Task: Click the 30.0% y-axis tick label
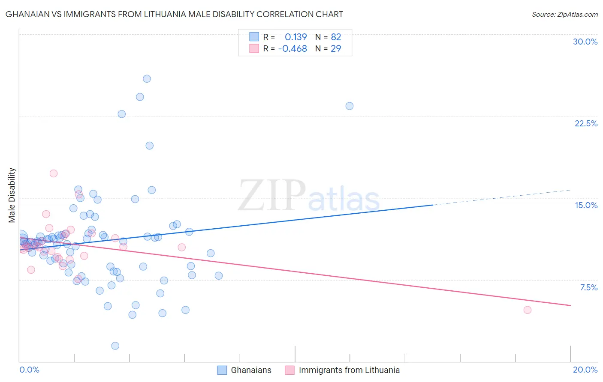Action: [x=585, y=42]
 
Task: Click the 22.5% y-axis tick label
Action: [x=586, y=123]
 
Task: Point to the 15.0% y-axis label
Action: [x=586, y=205]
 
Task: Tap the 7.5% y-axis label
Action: [x=588, y=287]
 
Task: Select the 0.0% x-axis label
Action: [x=29, y=370]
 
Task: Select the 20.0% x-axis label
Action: [x=585, y=370]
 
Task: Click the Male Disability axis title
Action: [x=12, y=195]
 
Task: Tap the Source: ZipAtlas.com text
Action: [x=564, y=14]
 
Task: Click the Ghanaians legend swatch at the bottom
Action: [x=222, y=370]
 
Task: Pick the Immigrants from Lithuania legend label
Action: [x=349, y=370]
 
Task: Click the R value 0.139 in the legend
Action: [x=296, y=37]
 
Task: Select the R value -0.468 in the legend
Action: [x=292, y=48]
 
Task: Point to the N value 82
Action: [x=336, y=37]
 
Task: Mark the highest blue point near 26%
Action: [x=147, y=78]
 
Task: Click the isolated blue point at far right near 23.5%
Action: [x=350, y=106]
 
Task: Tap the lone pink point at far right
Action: [x=528, y=310]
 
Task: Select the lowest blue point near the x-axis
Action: [x=115, y=346]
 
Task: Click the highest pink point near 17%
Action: [x=54, y=173]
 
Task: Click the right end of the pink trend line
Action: [x=570, y=305]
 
